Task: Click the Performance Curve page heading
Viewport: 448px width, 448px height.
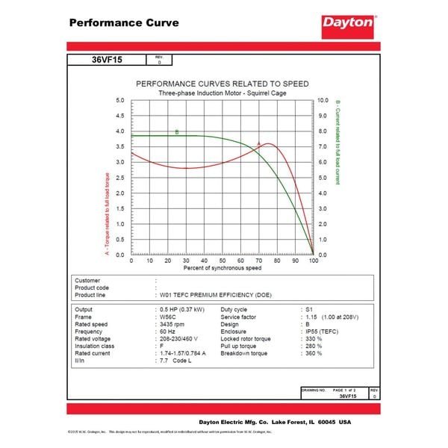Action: point(124,22)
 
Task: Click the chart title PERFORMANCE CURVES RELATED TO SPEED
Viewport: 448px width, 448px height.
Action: point(223,84)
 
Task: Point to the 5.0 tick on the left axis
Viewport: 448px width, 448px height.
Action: point(120,100)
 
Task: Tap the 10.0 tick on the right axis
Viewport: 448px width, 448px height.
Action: point(323,100)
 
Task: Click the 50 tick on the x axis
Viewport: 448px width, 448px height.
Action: point(223,261)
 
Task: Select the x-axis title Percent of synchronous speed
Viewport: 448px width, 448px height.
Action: point(223,267)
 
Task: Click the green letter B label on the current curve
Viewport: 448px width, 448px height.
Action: point(177,132)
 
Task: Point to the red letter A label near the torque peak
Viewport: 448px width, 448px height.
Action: point(258,143)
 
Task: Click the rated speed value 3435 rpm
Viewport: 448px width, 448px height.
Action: point(174,324)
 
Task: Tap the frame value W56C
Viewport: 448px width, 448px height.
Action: point(169,317)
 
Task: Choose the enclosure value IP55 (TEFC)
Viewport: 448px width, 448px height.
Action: point(322,332)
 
